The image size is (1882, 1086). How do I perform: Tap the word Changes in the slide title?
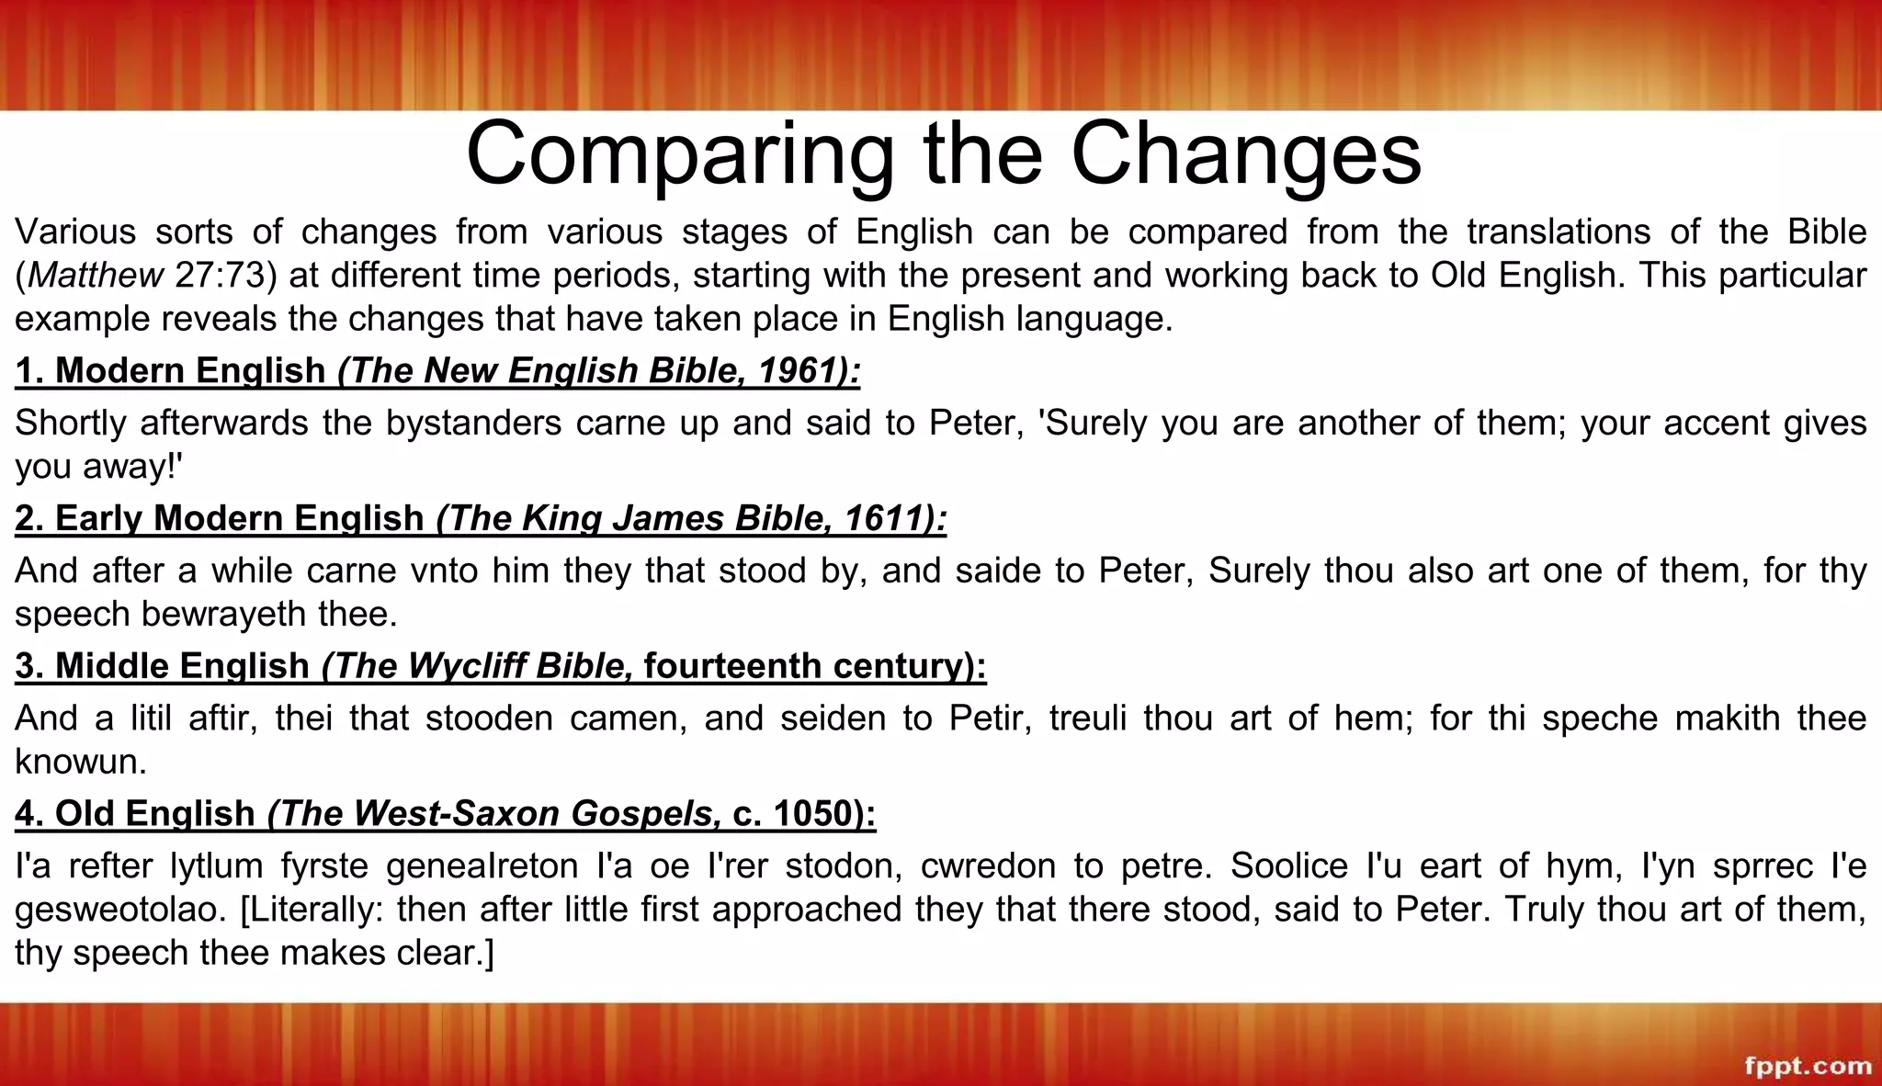pos(1245,154)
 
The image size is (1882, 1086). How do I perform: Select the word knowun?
pos(81,761)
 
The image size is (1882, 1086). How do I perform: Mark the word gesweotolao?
pos(119,909)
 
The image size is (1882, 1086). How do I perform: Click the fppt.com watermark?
pos(1808,1066)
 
